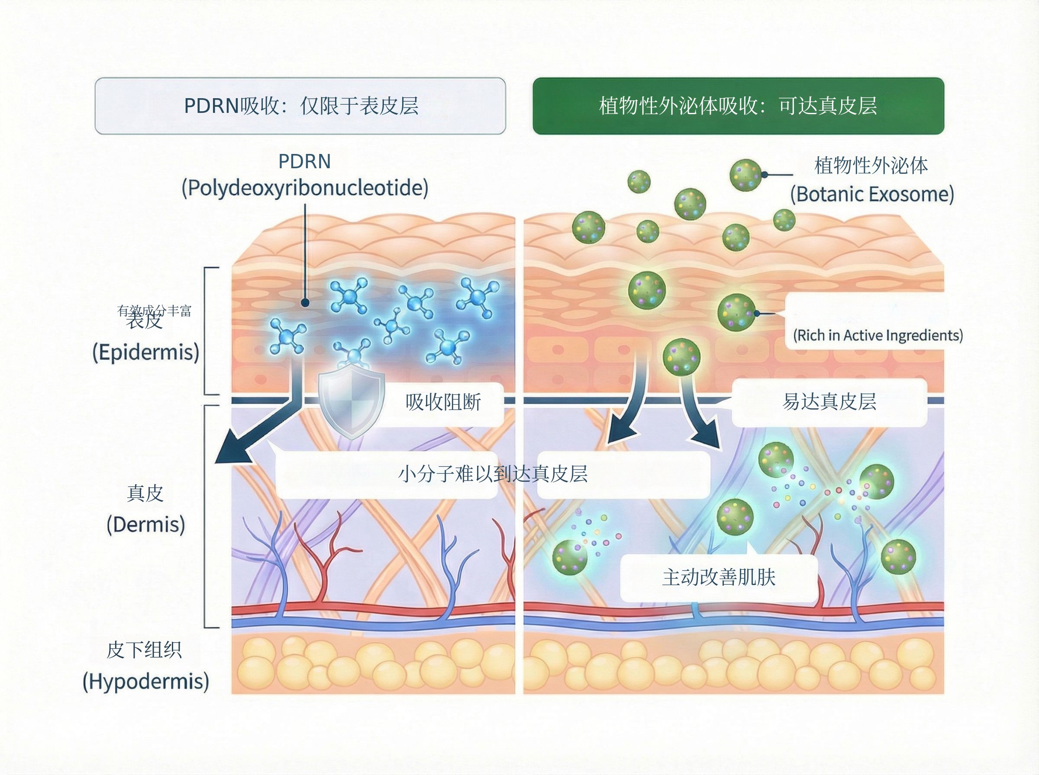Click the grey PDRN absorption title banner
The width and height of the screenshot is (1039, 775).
point(300,106)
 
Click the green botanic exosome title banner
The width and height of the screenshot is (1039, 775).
point(738,106)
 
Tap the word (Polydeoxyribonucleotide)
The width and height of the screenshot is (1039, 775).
point(305,188)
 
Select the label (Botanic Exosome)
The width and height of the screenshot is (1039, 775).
point(872,194)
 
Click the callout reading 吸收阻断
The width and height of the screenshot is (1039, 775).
point(443,403)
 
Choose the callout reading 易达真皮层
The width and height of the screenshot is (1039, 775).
point(829,402)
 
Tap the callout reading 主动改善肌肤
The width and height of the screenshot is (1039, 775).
point(719,577)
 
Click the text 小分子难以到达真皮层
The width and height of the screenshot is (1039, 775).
point(493,474)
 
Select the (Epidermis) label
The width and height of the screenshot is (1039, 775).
point(146,352)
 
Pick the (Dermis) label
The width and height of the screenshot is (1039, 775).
point(146,525)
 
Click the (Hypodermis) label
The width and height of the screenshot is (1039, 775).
point(146,681)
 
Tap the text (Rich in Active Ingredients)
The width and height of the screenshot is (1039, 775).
point(878,336)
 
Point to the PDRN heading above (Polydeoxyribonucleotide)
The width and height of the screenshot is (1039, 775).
point(305,162)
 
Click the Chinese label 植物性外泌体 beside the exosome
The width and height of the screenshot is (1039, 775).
point(871,166)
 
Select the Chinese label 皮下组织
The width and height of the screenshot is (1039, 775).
point(144,650)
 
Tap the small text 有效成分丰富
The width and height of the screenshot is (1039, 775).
point(155,311)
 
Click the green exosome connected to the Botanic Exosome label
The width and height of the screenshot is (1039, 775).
point(745,175)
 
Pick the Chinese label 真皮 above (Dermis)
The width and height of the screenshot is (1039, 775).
point(145,493)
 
